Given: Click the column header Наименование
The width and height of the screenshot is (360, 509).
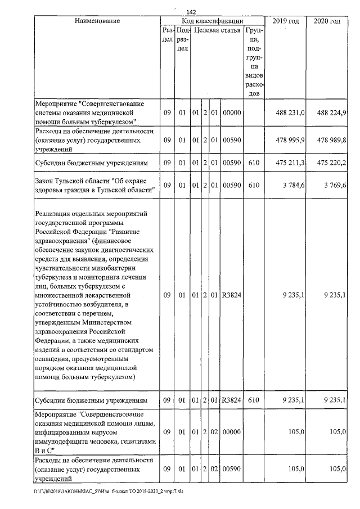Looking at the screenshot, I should pyautogui.click(x=97, y=21).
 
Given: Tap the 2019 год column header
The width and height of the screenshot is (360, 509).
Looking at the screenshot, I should pyautogui.click(x=286, y=21).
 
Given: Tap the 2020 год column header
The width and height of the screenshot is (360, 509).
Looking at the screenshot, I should pyautogui.click(x=327, y=21).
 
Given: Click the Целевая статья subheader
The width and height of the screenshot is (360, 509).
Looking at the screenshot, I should pyautogui.click(x=217, y=30).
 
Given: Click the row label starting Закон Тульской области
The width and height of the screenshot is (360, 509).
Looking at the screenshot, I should pyautogui.click(x=94, y=185).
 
